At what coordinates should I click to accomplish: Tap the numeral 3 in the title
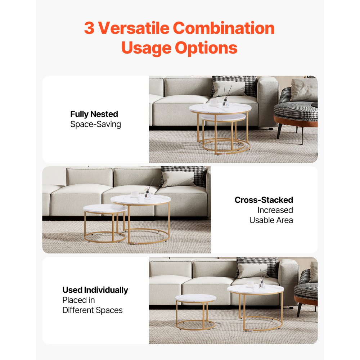(x=89, y=28)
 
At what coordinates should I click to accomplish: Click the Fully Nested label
(x=94, y=114)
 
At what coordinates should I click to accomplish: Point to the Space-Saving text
(x=95, y=125)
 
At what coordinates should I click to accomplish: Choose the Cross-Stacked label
(x=264, y=200)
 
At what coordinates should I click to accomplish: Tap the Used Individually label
(x=95, y=290)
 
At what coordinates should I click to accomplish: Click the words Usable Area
(x=271, y=220)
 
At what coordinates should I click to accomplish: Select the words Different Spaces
(x=93, y=310)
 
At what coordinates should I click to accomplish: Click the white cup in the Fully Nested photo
(x=215, y=103)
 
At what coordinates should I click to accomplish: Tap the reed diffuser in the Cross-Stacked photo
(x=148, y=191)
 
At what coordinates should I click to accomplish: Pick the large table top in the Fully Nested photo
(x=220, y=108)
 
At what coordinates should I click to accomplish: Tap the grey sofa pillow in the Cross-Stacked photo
(x=178, y=179)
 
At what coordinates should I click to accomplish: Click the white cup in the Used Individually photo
(x=250, y=284)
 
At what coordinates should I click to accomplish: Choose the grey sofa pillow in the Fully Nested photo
(x=229, y=89)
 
